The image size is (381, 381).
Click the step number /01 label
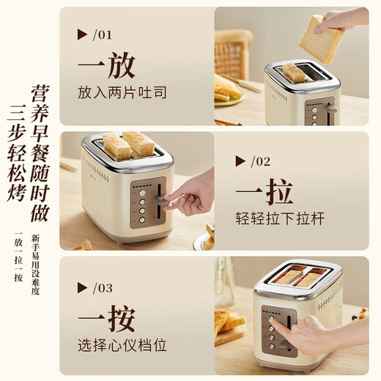(103, 34)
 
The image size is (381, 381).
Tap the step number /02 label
(261, 161)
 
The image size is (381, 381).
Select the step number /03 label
(103, 288)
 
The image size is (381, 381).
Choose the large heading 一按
(106, 319)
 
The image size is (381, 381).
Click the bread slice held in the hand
(321, 38)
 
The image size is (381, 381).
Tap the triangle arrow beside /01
(82, 34)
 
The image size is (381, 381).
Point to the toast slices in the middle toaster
(127, 144)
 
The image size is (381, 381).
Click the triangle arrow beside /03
(82, 288)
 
